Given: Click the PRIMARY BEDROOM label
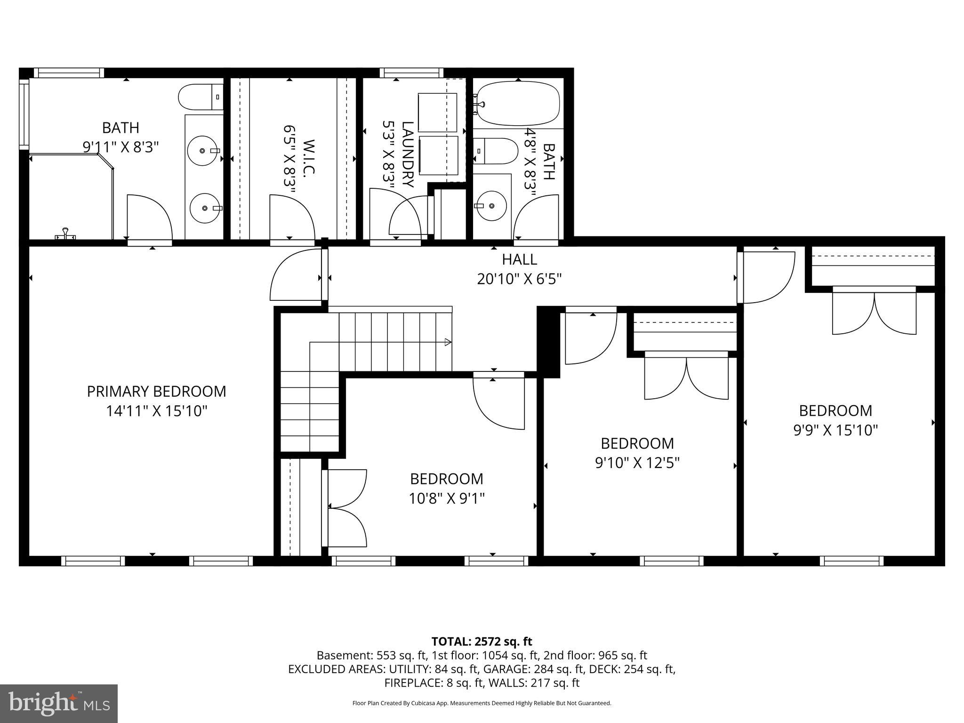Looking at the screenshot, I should pos(156,392).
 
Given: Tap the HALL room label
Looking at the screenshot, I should pos(519,259).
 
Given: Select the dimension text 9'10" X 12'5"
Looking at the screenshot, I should pos(637,463).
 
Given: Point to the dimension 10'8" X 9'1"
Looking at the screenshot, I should pos(447,498).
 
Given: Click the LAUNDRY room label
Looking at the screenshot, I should pos(408,154).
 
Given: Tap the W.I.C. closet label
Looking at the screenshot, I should pos(308,158).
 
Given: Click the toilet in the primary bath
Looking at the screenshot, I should pos(201,97).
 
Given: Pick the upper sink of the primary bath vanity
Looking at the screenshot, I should pos(203,151).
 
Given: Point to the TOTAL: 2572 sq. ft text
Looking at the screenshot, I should pos(482,641).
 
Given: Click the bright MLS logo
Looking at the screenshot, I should pos(59,703).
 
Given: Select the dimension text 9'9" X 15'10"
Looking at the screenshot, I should pos(835,430).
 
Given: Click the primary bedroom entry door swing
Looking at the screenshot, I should pos(296,275).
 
